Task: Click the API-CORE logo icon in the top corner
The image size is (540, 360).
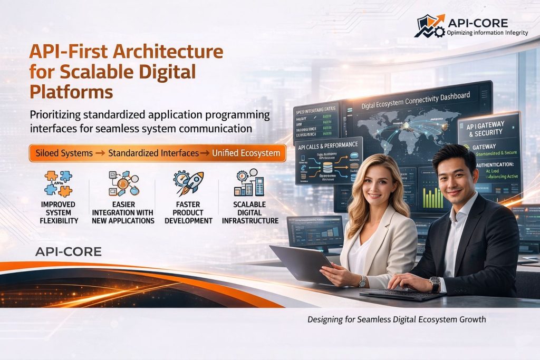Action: point(429,26)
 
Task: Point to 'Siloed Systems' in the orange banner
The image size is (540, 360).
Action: point(62,153)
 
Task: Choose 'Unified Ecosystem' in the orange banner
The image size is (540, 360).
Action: point(246,153)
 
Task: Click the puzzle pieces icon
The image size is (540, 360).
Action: point(58,183)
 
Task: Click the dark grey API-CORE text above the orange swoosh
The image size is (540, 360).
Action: point(68,251)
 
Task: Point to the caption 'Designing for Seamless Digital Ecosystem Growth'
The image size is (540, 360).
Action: point(396,319)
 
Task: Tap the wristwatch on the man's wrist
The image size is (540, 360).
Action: point(435,284)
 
